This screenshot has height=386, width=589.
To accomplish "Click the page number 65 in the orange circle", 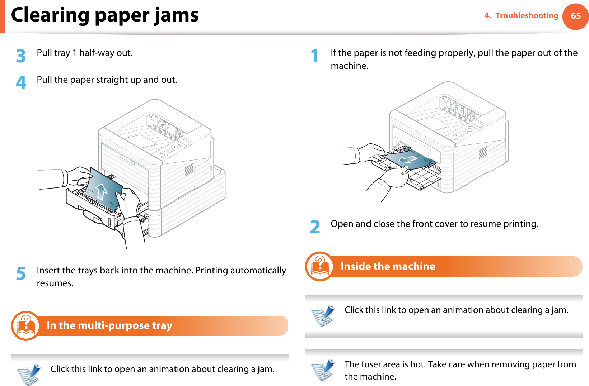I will (x=575, y=16).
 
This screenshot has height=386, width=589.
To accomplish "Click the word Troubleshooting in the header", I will (x=527, y=16).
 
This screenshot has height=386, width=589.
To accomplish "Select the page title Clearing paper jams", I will (x=105, y=15).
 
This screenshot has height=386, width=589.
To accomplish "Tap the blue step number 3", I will (x=21, y=56).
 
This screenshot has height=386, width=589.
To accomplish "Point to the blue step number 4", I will (x=21, y=83).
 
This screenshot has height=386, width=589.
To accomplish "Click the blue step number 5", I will (x=21, y=273).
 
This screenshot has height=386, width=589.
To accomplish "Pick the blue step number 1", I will (x=315, y=56).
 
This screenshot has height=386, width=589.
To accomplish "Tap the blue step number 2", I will (x=315, y=227).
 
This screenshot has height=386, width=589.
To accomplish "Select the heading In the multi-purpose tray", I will (x=109, y=325).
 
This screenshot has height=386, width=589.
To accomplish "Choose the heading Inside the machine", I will (x=388, y=266).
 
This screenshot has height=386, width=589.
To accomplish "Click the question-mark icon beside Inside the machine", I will (x=319, y=266).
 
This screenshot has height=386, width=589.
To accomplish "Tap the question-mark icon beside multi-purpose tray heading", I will (x=25, y=325).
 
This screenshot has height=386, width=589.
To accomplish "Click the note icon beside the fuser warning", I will (x=323, y=370).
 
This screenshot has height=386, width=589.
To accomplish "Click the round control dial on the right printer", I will (x=469, y=129).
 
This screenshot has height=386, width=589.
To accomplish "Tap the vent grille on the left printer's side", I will (x=189, y=170).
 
